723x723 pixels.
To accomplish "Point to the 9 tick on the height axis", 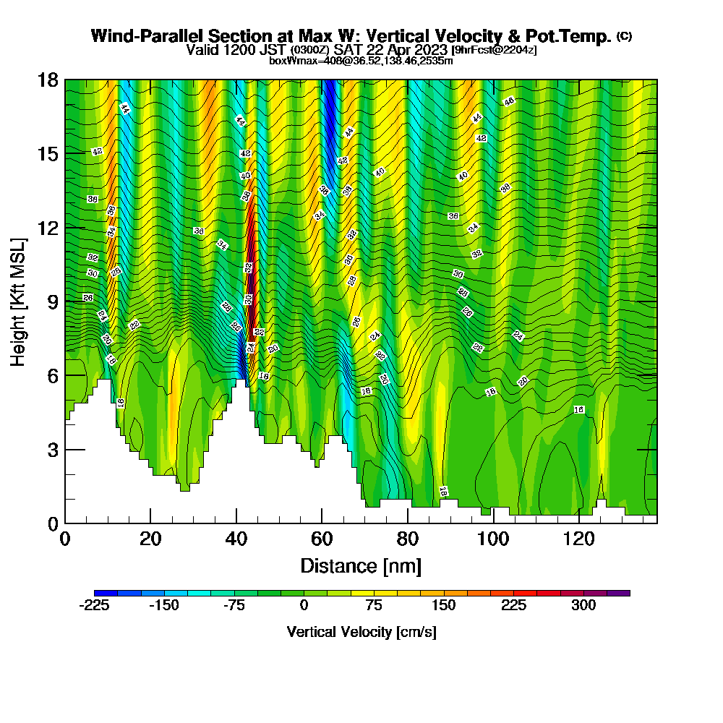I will [65, 301].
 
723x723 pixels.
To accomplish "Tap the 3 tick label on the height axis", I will [52, 450].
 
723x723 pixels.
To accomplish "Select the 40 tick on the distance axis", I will [236, 523].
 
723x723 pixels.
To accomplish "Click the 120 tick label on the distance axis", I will [579, 540].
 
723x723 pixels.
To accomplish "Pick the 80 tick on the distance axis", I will [408, 523].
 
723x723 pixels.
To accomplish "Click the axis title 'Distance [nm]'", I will [361, 565].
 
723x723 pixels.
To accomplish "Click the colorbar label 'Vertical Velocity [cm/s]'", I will [361, 632].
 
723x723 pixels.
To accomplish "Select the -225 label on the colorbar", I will [94, 606].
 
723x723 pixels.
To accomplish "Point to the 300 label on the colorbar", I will [583, 606].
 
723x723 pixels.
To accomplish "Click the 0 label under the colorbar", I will [304, 606].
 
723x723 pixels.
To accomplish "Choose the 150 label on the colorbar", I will [443, 606].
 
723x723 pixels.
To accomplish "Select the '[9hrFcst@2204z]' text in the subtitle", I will [494, 50].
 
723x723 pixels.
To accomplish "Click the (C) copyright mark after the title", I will [625, 35].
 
